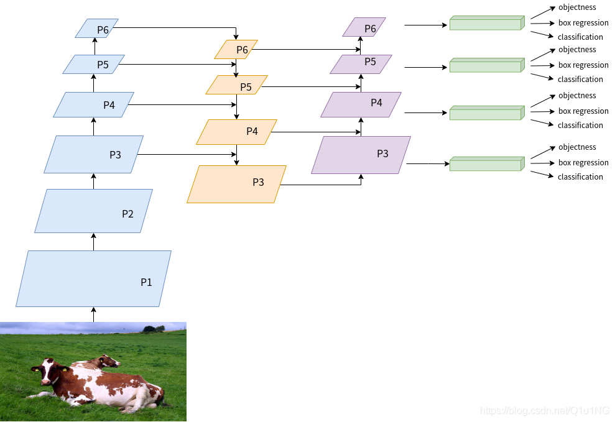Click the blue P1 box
(93, 278)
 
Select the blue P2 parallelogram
(93, 211)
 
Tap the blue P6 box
(96, 29)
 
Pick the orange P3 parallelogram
(236, 184)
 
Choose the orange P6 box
(236, 50)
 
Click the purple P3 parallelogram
(361, 155)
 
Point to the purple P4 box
(361, 104)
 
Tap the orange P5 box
(236, 85)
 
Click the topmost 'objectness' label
(576, 7)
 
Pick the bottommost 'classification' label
(580, 177)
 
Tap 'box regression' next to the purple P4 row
(583, 111)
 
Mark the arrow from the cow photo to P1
(94, 314)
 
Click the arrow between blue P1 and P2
(94, 242)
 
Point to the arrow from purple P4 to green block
(426, 113)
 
